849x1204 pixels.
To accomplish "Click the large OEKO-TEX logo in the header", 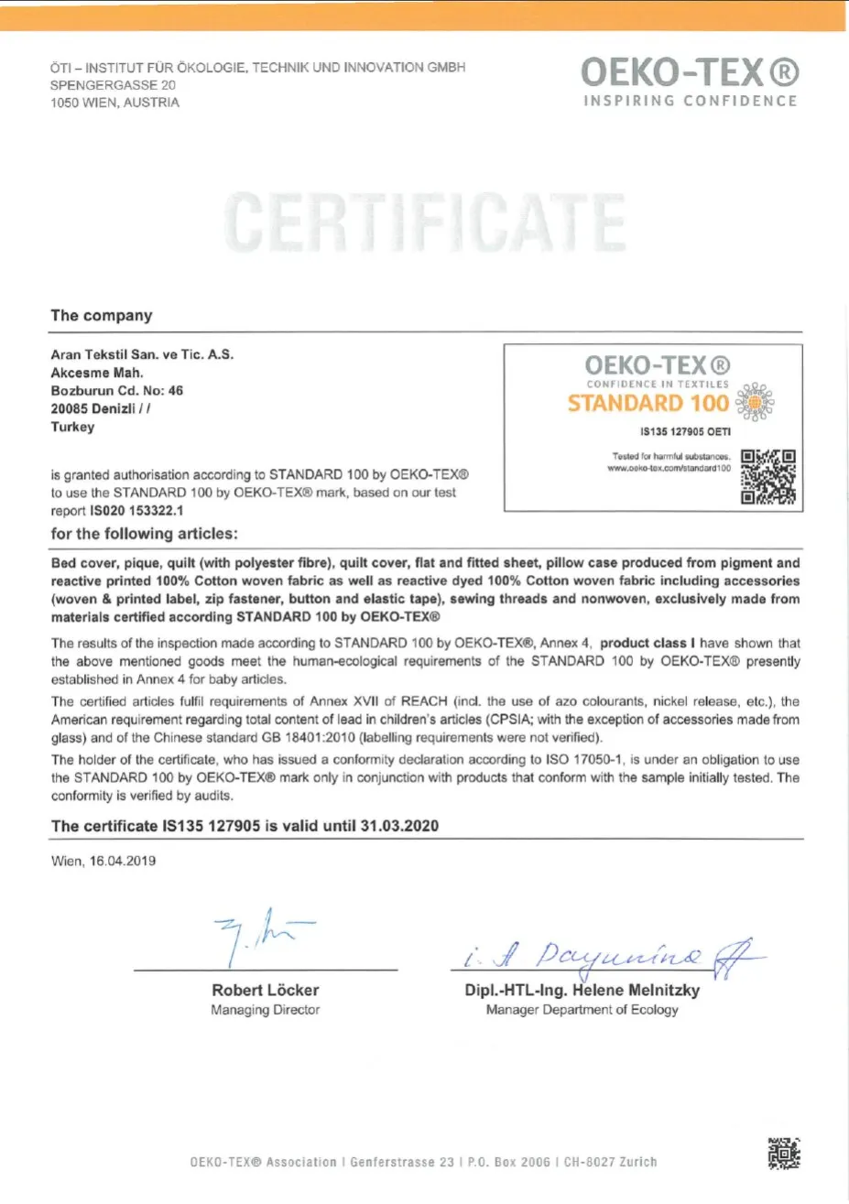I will point(690,73).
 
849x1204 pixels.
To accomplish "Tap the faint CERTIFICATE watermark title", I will point(425,222).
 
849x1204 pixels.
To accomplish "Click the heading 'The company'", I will point(102,316).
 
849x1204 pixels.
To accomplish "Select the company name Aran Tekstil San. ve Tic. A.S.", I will point(142,354).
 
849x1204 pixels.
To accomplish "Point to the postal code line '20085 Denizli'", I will point(101,408).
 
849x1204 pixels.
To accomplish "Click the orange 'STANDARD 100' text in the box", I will point(648,404).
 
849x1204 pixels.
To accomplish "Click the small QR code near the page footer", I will point(783,1154).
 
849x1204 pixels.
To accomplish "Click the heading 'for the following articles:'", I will point(144,534).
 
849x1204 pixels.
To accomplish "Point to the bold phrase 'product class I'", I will point(648,644).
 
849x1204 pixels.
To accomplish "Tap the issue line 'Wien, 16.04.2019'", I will point(103,861).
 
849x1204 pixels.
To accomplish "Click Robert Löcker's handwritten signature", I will point(259,935).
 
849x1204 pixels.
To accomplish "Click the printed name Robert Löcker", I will point(266,990).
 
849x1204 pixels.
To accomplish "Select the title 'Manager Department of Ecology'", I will point(582,1010).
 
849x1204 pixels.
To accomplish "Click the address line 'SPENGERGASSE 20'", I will point(113,85).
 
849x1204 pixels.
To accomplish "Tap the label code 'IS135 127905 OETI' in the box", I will point(685,432).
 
